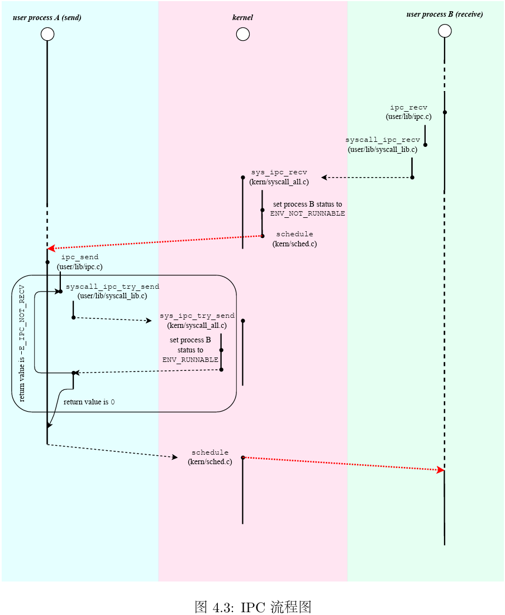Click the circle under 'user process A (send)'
(x=47, y=35)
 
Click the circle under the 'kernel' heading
(x=243, y=35)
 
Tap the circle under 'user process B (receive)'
(x=445, y=31)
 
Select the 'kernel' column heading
(x=242, y=18)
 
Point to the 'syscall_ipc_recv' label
(x=382, y=140)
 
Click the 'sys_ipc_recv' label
(x=279, y=172)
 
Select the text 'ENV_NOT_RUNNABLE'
(x=307, y=213)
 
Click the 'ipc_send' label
(x=79, y=257)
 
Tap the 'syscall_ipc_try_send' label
(x=112, y=287)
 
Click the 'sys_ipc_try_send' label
(x=197, y=316)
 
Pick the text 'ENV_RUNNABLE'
(x=190, y=360)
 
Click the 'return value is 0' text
(x=89, y=402)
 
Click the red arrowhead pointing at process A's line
(x=51, y=248)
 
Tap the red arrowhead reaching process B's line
(x=440, y=470)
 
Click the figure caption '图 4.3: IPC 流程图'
(x=252, y=607)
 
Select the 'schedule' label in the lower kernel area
(x=210, y=452)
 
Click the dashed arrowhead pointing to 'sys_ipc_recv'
(x=324, y=178)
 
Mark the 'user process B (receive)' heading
(x=444, y=15)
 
